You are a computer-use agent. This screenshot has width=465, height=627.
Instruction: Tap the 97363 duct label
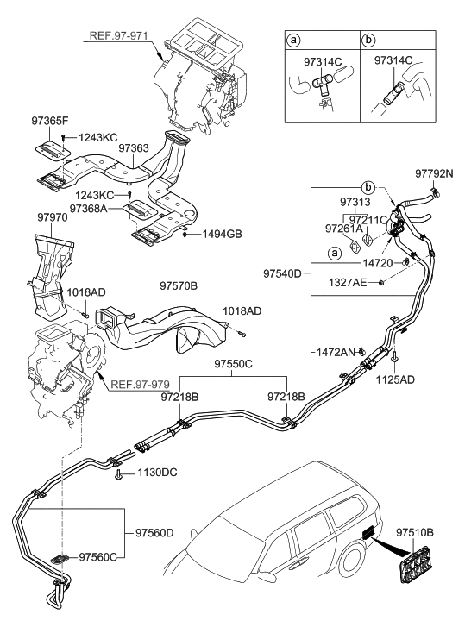point(134,147)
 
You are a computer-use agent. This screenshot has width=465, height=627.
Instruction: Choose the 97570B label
point(178,285)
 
